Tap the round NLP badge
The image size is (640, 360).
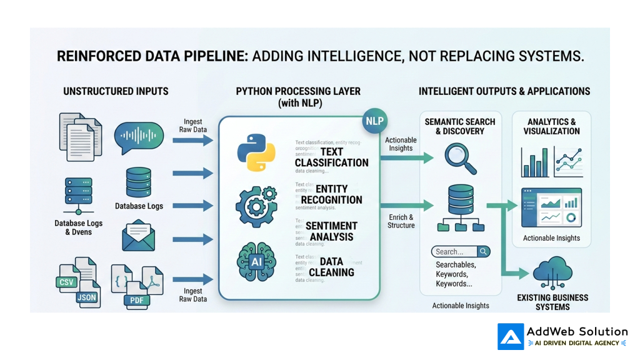pos(374,121)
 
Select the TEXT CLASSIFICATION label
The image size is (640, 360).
pos(332,157)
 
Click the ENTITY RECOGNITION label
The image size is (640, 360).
pos(331,194)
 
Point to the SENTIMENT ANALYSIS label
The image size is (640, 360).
pos(331,231)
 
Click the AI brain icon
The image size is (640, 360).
pos(256,261)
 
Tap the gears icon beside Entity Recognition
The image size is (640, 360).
pos(256,206)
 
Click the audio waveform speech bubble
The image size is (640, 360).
pos(139,137)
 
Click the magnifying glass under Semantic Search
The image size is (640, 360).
pos(461,159)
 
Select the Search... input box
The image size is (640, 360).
pos(461,252)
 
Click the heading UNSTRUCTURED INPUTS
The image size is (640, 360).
pos(116,91)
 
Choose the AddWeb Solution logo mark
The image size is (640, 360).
pos(511,336)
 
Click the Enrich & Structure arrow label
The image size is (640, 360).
pos(401,221)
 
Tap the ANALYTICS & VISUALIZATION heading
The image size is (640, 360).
pos(552,127)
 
